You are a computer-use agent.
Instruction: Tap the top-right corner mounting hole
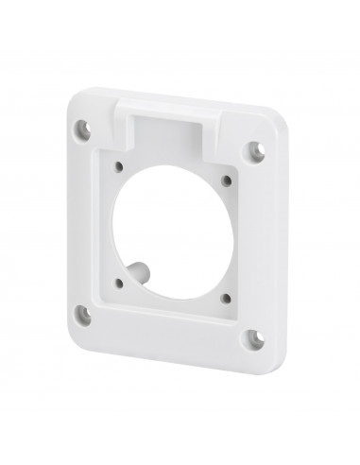[x=255, y=148]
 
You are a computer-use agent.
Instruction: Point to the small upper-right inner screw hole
[x=227, y=179]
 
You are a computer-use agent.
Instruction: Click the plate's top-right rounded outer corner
[x=274, y=133]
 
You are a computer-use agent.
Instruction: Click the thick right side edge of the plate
[x=273, y=246]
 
